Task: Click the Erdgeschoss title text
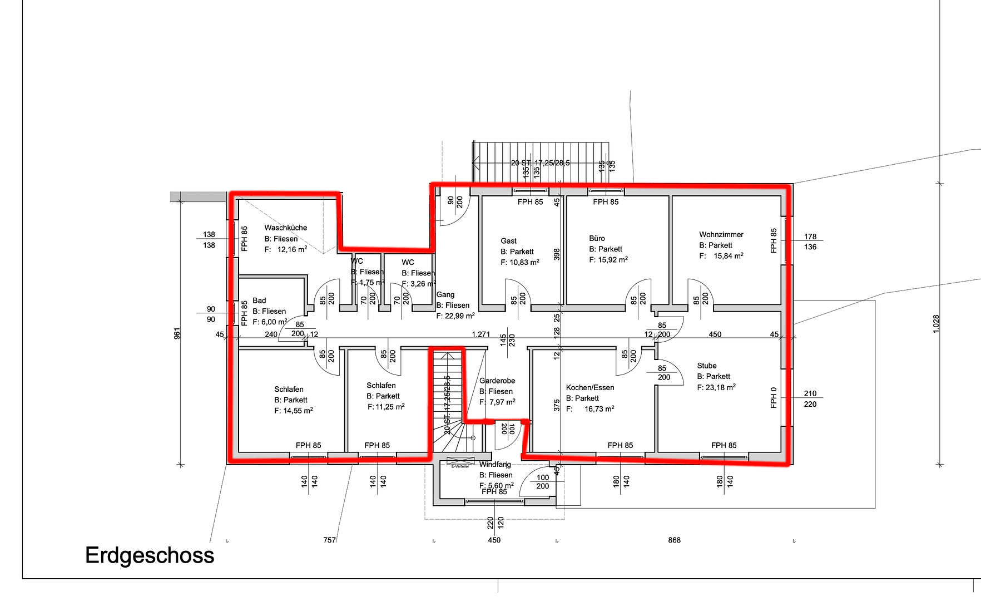click(150, 555)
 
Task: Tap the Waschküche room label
click(285, 228)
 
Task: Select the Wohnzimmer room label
click(721, 234)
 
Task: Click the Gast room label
click(508, 241)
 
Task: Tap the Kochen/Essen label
click(590, 387)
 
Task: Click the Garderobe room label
click(497, 381)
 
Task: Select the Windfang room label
click(495, 464)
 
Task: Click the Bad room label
click(259, 300)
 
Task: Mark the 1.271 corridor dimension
click(481, 334)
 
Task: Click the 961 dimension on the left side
click(177, 333)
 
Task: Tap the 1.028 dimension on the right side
click(936, 324)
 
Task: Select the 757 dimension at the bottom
click(329, 540)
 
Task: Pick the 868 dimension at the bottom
click(674, 540)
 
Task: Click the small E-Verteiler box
click(460, 463)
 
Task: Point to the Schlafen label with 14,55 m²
click(289, 390)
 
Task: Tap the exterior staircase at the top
click(539, 161)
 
